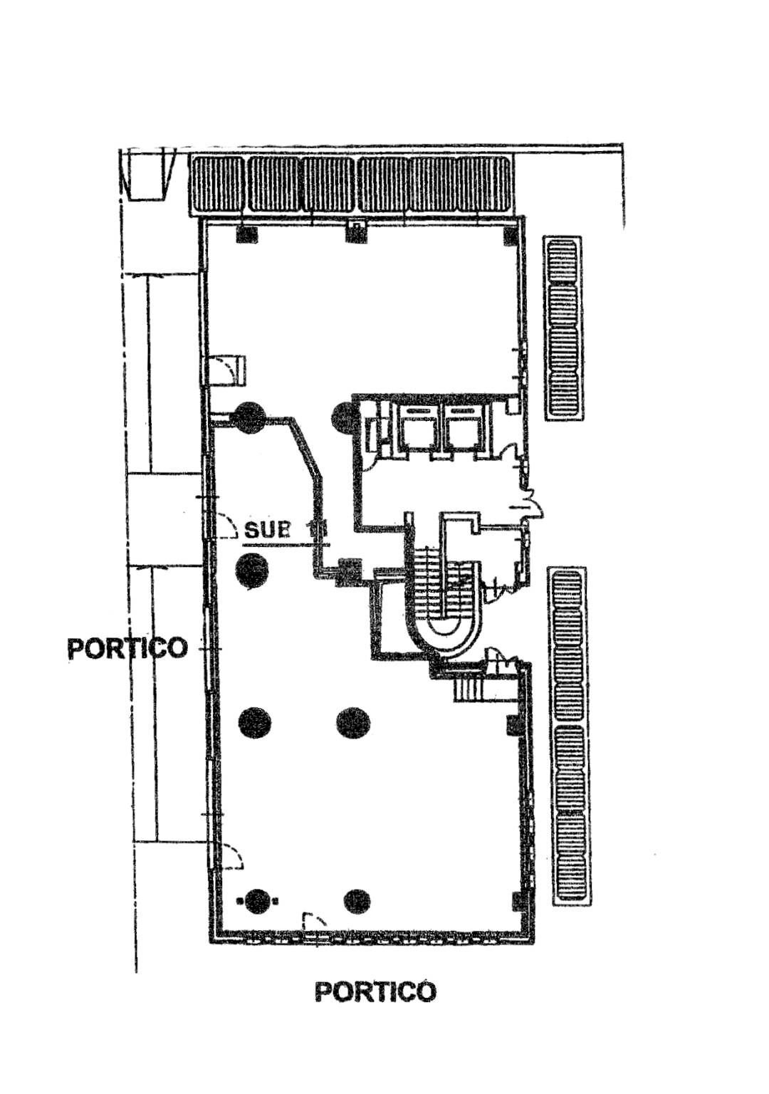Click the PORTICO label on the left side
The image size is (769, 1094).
(127, 648)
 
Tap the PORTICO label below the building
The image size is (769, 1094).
(375, 991)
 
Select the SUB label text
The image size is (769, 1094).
(268, 530)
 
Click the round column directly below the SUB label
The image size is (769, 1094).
(253, 570)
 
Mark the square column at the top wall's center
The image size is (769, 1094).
(355, 231)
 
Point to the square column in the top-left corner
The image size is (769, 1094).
(246, 234)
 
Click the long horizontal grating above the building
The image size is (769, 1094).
(350, 184)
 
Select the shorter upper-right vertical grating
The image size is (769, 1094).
(563, 328)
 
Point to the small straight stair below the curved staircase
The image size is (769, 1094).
(469, 689)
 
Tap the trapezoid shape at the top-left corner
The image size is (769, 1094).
(148, 172)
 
